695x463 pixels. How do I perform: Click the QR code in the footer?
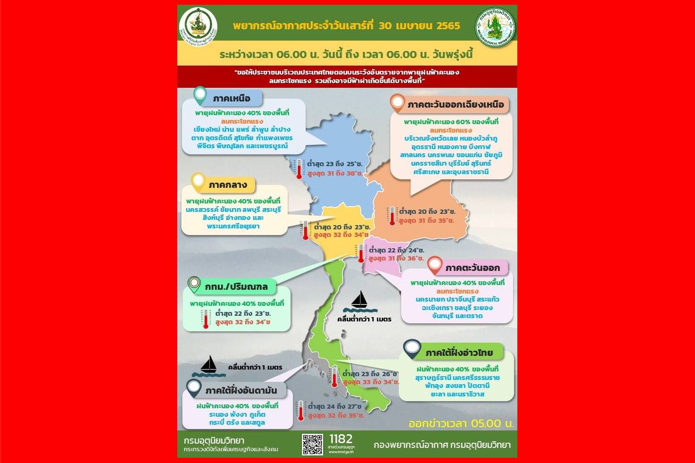pyautogui.click(x=312, y=444)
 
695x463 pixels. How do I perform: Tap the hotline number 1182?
pyautogui.click(x=341, y=439)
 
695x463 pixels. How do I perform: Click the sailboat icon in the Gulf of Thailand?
pyautogui.click(x=360, y=302)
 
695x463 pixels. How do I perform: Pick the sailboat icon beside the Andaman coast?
pyautogui.click(x=209, y=366)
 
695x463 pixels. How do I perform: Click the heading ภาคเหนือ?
pyautogui.click(x=232, y=99)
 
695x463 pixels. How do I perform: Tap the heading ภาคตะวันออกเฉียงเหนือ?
pyautogui.click(x=455, y=105)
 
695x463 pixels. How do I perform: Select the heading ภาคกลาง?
pyautogui.click(x=228, y=185)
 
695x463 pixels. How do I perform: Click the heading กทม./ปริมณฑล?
pyautogui.click(x=236, y=286)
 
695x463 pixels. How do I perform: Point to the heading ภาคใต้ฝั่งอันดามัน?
pyautogui.click(x=241, y=391)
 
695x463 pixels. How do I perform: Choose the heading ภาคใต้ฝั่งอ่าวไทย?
pyautogui.click(x=459, y=353)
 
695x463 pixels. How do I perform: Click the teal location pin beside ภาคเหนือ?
pyautogui.click(x=200, y=95)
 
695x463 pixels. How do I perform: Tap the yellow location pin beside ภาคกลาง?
pyautogui.click(x=198, y=182)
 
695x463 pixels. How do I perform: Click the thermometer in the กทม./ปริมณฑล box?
pyautogui.click(x=206, y=319)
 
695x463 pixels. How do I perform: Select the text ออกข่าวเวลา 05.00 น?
pyautogui.click(x=461, y=423)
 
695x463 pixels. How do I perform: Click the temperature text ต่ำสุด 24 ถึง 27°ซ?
pyautogui.click(x=335, y=406)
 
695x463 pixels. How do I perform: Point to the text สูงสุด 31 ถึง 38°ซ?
pyautogui.click(x=335, y=173)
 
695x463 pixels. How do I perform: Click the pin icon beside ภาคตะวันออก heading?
pyautogui.click(x=435, y=265)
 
